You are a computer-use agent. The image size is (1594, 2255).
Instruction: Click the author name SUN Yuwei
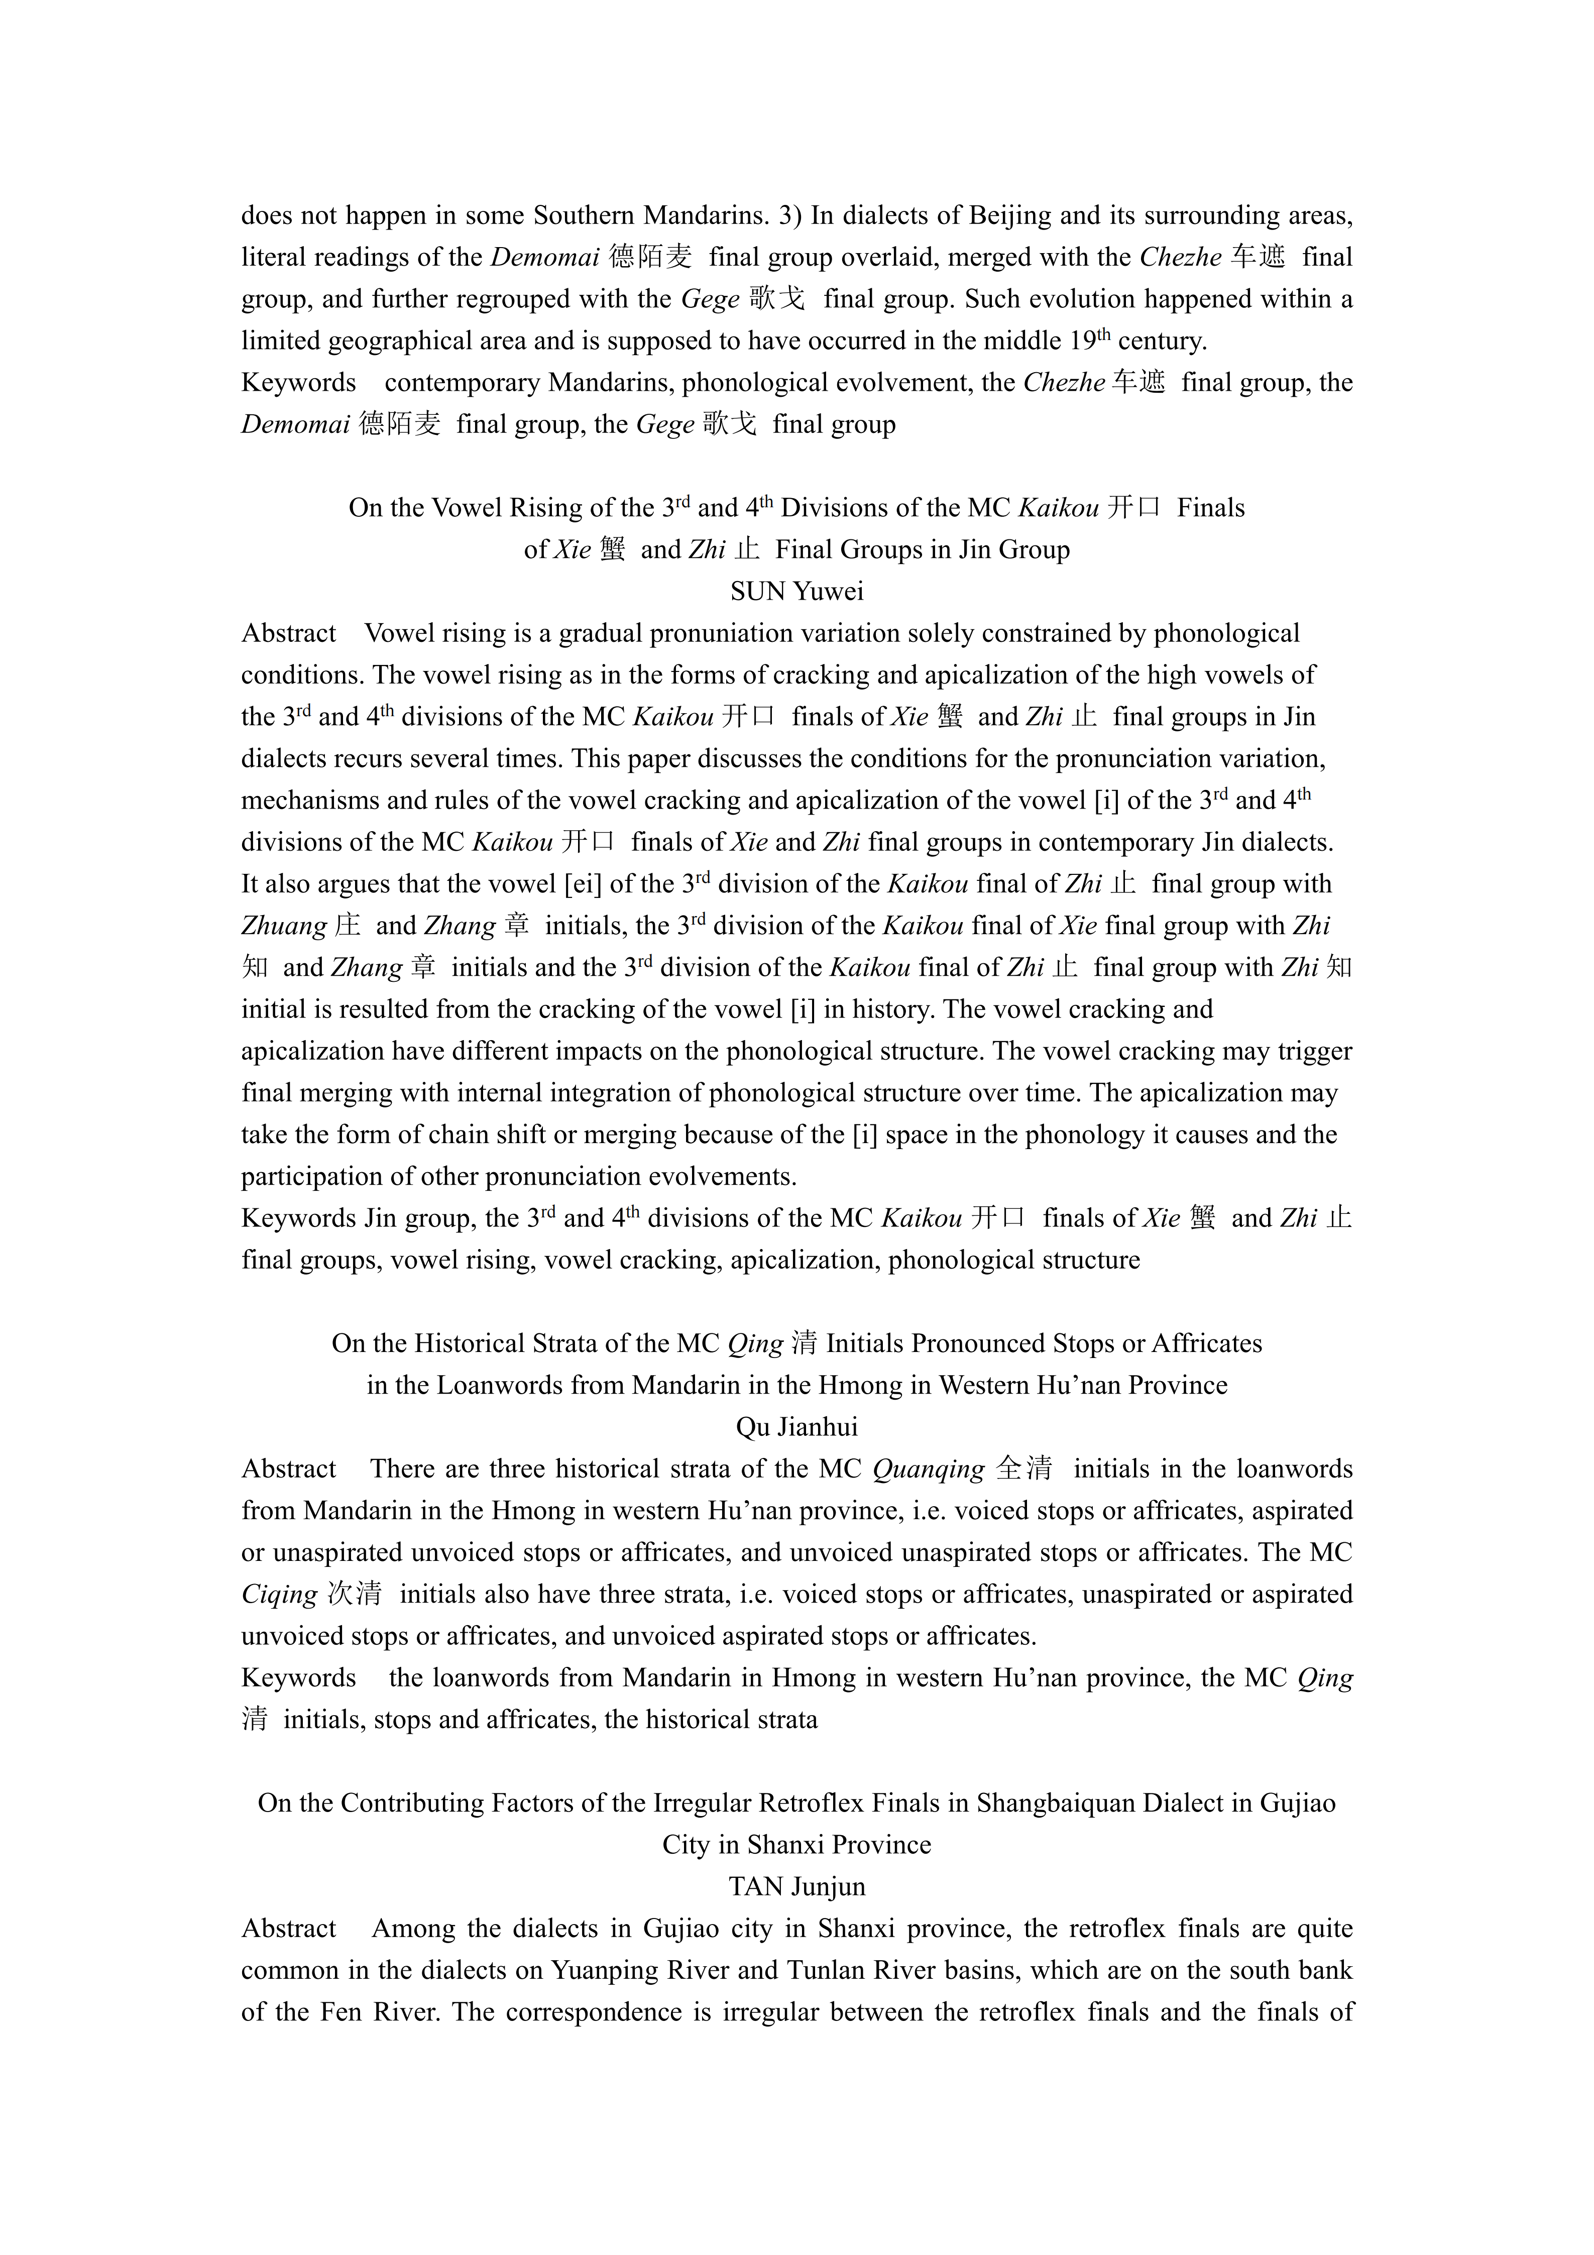796,591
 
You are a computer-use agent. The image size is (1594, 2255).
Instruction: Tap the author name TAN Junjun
796,1886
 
